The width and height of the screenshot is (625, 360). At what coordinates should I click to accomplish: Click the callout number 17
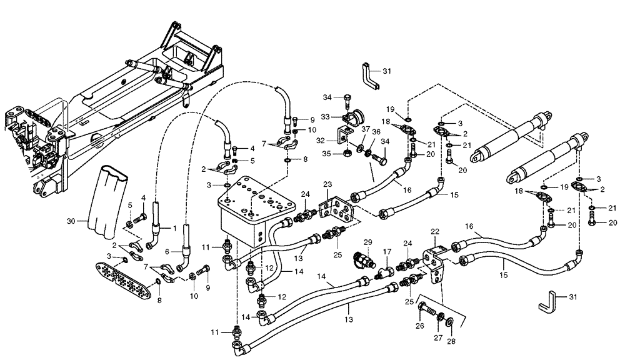(x=387, y=252)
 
